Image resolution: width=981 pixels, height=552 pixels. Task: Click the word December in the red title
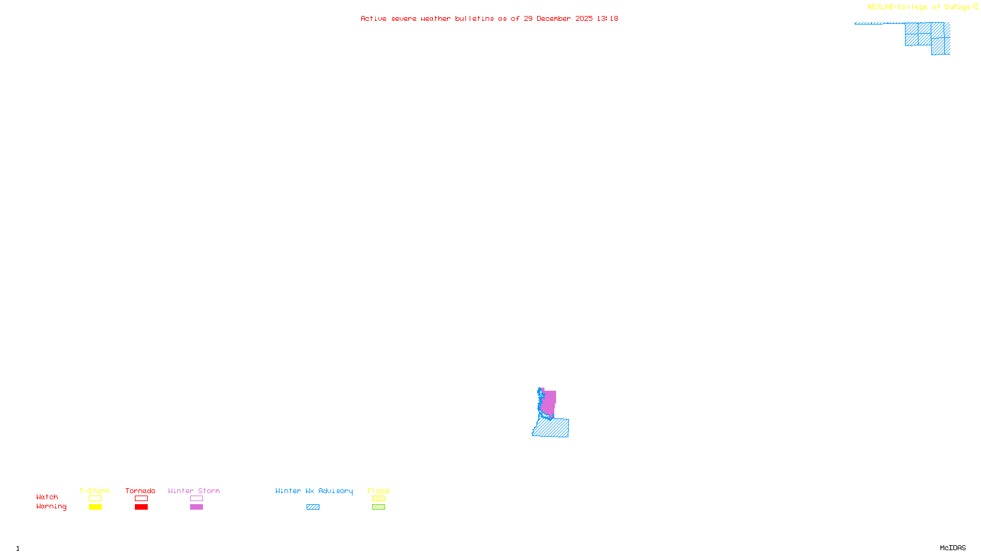tap(554, 18)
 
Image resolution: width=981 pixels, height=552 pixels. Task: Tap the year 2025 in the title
tap(584, 18)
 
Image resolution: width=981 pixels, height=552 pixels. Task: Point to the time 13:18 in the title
tap(608, 18)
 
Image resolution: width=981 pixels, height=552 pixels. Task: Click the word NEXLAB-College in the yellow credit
tap(897, 7)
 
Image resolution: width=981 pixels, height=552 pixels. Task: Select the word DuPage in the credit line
tap(957, 7)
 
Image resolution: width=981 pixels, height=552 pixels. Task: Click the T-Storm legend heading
tap(94, 491)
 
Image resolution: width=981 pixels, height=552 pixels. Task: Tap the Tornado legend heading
tap(140, 491)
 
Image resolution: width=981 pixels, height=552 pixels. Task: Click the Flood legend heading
tap(378, 491)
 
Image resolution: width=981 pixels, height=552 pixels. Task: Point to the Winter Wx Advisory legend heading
tap(314, 491)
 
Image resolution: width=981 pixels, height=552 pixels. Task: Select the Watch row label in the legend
tap(47, 497)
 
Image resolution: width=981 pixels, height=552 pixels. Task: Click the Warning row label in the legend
tap(51, 507)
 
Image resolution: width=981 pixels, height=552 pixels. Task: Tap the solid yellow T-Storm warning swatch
tap(95, 507)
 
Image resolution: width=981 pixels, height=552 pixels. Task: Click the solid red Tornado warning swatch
tap(141, 507)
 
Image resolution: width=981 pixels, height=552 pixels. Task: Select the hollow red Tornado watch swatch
tap(141, 499)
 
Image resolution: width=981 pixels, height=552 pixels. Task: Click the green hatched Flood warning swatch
tap(378, 507)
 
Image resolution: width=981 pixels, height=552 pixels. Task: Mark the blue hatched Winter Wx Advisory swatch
tap(313, 507)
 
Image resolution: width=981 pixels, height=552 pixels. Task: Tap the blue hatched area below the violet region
tap(552, 428)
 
